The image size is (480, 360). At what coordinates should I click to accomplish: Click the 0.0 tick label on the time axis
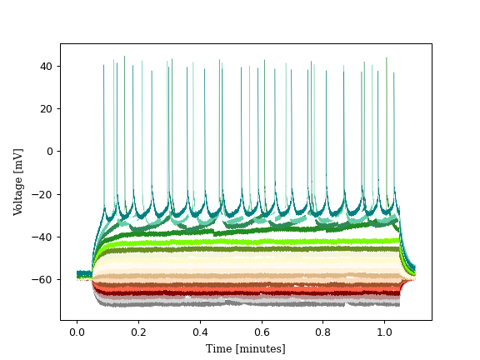[77, 332]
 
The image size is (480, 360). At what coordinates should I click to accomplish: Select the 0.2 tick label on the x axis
[138, 332]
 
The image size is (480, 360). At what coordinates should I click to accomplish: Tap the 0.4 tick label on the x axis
[200, 332]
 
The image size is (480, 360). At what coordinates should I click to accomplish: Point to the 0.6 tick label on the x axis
[262, 332]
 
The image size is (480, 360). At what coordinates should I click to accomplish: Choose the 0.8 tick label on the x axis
[323, 332]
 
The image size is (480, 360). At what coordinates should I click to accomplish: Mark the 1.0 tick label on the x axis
[385, 332]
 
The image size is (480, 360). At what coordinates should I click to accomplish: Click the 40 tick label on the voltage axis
[46, 66]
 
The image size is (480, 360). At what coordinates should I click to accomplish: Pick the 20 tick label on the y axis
[46, 108]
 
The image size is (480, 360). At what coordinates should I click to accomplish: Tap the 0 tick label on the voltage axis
[49, 151]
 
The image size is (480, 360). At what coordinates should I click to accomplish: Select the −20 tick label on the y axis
[42, 194]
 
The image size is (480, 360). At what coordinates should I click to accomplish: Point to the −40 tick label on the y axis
[42, 237]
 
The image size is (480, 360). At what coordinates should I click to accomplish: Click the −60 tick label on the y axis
[42, 279]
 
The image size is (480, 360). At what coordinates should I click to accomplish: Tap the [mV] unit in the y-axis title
[18, 157]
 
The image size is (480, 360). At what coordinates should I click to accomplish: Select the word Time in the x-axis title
[219, 348]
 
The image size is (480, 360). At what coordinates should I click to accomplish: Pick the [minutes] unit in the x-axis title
[259, 348]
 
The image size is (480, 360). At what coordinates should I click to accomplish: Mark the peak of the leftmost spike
[104, 65]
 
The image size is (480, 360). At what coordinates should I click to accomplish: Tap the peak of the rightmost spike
[394, 72]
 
